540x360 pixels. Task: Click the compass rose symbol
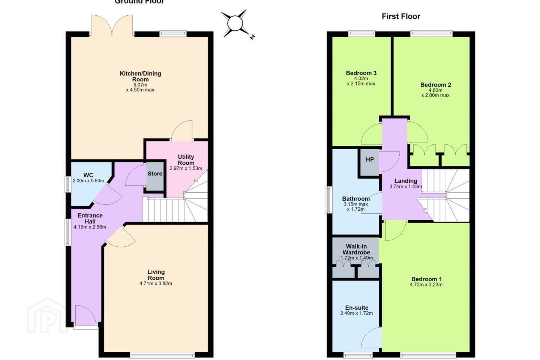235,24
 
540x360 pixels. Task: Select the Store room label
155,174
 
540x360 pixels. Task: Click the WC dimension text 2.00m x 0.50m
88,181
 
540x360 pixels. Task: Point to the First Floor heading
401,16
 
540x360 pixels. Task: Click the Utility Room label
186,160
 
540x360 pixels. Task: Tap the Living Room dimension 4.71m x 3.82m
156,283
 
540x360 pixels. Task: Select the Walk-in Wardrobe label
356,249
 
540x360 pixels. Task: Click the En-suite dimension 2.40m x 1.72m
357,313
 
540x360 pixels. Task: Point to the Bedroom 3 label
361,73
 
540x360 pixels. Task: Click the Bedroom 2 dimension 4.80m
435,90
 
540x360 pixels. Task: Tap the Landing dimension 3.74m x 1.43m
406,186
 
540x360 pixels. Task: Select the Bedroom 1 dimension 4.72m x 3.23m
426,285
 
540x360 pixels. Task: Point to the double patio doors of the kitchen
112,25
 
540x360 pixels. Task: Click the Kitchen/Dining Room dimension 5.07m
140,85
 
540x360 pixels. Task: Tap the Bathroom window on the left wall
329,199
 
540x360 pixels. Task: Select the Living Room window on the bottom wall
162,355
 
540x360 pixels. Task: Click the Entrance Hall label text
90,218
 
